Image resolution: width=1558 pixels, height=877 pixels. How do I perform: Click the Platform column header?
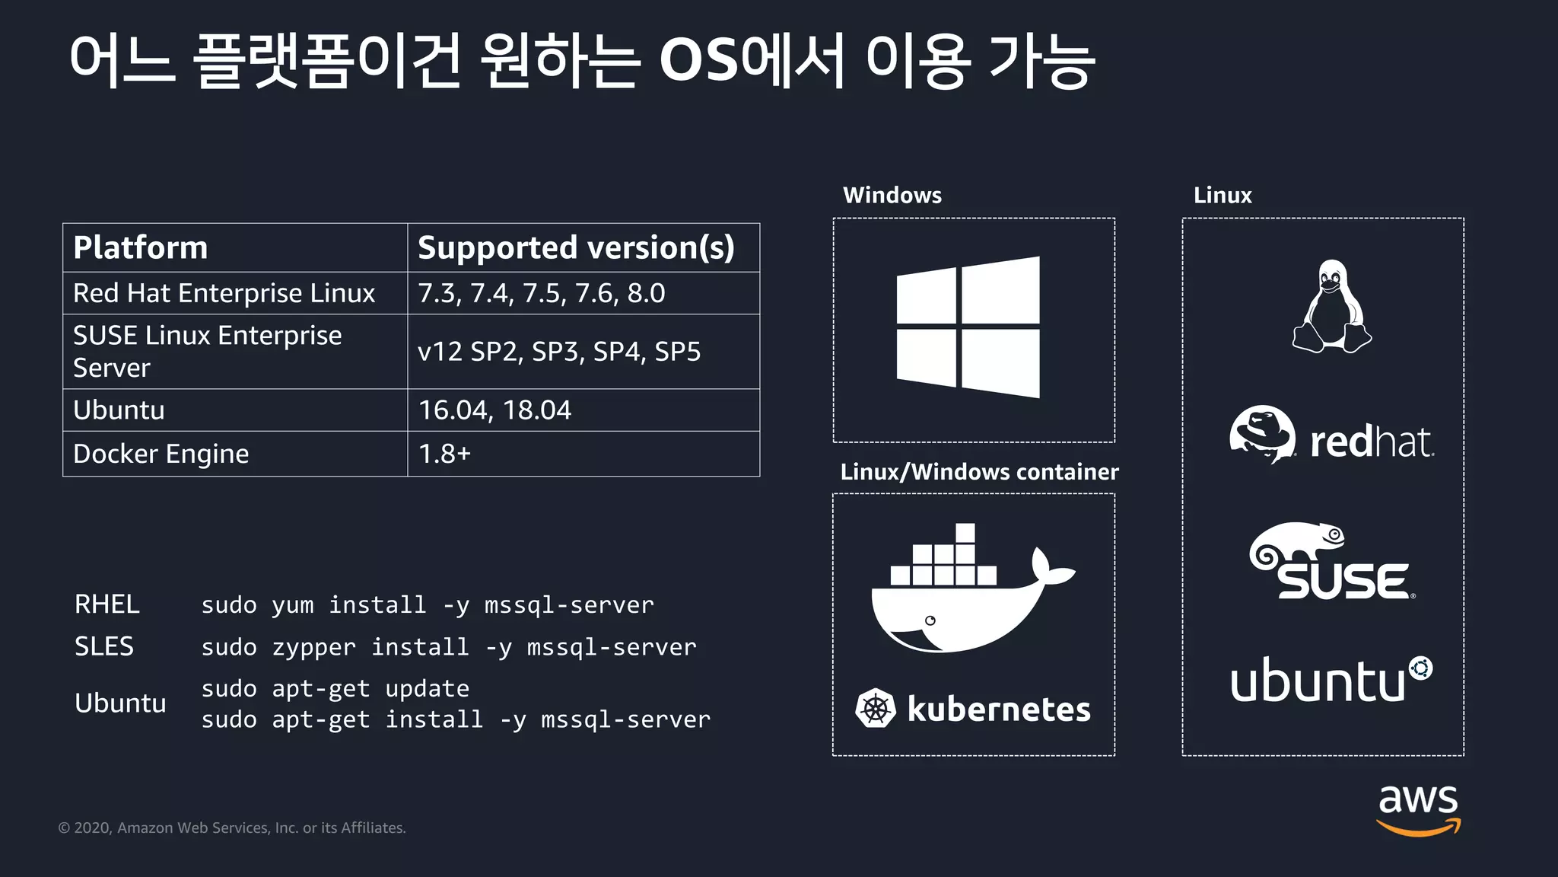click(x=141, y=248)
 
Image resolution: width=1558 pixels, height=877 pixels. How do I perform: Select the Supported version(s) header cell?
click(x=576, y=248)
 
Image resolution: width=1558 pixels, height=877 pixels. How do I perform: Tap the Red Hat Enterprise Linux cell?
click(x=224, y=293)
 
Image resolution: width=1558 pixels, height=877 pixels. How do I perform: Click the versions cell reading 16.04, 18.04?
click(x=494, y=410)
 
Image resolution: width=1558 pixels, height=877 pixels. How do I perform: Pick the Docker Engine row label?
click(x=161, y=454)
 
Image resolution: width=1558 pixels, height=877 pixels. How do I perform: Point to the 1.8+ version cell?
click(x=445, y=454)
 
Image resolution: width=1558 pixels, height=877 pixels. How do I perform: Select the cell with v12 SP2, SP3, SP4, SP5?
click(x=559, y=352)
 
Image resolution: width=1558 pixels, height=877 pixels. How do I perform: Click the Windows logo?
click(x=968, y=327)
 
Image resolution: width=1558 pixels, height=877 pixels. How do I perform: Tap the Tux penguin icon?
click(x=1331, y=307)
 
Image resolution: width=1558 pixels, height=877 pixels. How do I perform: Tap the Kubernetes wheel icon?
click(x=876, y=709)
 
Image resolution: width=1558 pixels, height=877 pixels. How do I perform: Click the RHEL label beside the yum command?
click(x=107, y=604)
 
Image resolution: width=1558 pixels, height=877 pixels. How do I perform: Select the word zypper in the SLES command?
click(x=313, y=647)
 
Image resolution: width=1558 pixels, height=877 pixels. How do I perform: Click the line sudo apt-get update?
click(x=335, y=688)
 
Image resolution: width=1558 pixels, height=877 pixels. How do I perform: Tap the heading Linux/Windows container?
click(x=979, y=472)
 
